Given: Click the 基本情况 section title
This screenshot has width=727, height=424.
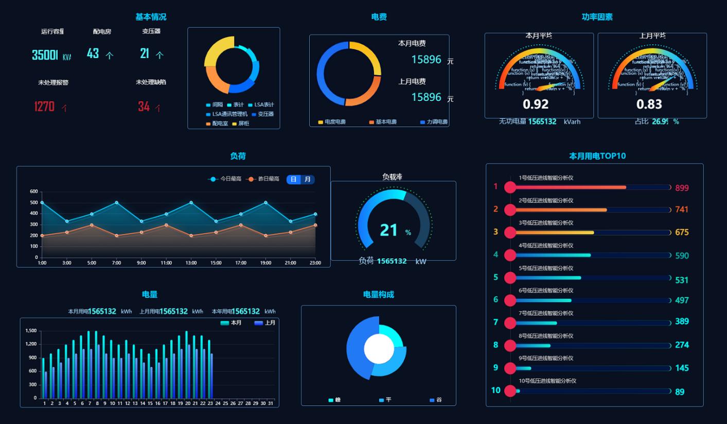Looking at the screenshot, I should (x=151, y=17).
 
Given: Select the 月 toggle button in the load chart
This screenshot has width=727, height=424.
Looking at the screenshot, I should (x=308, y=179).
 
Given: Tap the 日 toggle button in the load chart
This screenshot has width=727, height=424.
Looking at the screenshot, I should (x=293, y=179).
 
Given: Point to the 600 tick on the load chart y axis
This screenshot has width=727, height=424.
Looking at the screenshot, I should (x=34, y=191).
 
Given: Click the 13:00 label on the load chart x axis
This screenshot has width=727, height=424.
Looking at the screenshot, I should (x=191, y=263).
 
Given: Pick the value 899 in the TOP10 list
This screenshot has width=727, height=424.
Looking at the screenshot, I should (x=682, y=188).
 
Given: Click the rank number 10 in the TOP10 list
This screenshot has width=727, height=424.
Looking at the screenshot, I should (x=495, y=390).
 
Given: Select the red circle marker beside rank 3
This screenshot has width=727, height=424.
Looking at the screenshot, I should (x=510, y=232).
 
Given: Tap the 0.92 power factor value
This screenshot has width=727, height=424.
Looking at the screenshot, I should (x=536, y=104).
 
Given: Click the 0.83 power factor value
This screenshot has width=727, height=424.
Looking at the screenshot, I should (x=649, y=104).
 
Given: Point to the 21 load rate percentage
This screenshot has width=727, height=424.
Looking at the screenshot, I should (x=388, y=230).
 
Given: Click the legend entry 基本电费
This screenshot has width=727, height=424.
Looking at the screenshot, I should (x=383, y=122).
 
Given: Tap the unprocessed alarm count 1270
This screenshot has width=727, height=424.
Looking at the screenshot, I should (x=44, y=107).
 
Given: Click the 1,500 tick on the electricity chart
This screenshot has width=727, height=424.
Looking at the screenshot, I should (x=30, y=330).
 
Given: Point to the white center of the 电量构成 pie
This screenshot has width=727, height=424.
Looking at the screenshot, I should (x=379, y=349).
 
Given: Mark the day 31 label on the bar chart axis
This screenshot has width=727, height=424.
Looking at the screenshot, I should (x=271, y=403).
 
